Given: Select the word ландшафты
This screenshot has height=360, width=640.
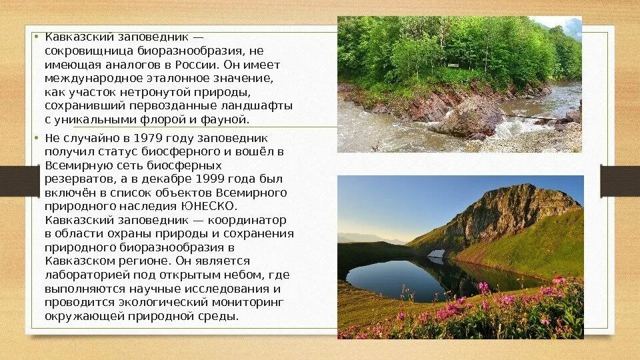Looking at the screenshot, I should coord(260,105).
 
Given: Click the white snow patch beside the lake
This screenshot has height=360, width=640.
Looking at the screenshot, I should coord(435,254).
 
